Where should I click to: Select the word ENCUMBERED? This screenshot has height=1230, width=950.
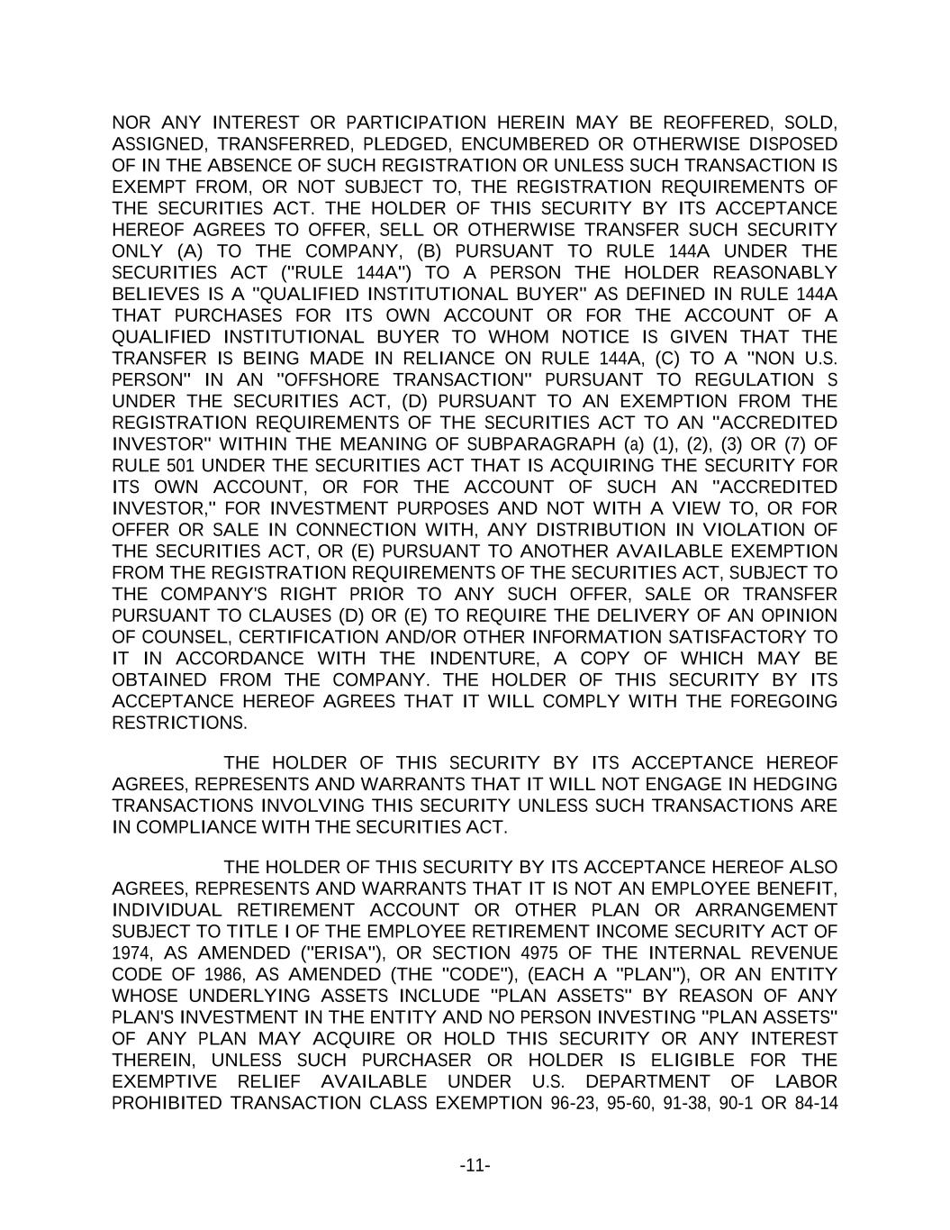pos(537,144)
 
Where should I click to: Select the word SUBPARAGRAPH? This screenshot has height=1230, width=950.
pos(542,444)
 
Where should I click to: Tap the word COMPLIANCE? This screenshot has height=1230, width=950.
pos(182,827)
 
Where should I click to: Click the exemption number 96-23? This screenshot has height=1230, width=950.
pos(575,1104)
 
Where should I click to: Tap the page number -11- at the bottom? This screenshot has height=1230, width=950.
pos(475,1167)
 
